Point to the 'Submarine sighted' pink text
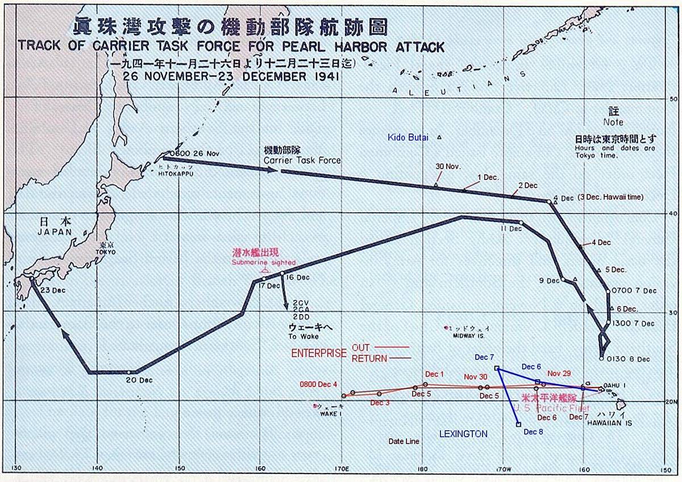pyautogui.click(x=263, y=262)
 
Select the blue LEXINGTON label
pyautogui.click(x=463, y=434)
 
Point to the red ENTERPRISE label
pyautogui.click(x=318, y=353)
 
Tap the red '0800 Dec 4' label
pyautogui.click(x=319, y=384)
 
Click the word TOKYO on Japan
pyautogui.click(x=105, y=252)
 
